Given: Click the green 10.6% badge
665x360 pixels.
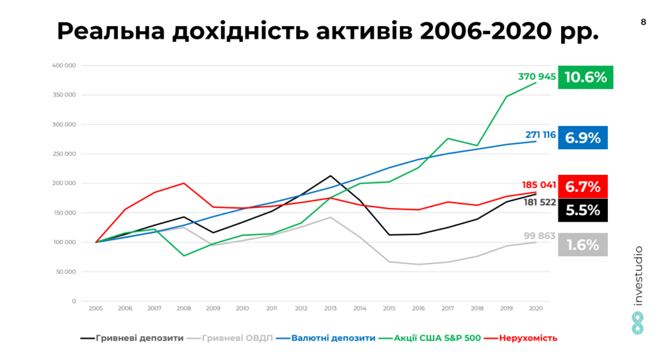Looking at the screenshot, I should click(x=586, y=77).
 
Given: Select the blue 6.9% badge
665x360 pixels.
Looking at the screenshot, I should click(x=583, y=138).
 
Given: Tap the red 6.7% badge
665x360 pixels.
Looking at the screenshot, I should click(x=583, y=187).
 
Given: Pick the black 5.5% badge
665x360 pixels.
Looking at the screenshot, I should click(x=583, y=210).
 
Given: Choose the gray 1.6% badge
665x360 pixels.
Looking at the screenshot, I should click(x=583, y=245).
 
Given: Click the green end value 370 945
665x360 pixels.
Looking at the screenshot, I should click(x=537, y=77).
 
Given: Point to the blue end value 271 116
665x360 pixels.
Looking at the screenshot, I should click(x=540, y=135).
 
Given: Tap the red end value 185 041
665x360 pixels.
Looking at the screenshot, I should click(x=539, y=185).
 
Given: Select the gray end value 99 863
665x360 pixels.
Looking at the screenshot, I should click(x=539, y=236).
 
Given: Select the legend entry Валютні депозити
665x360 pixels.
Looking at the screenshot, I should click(x=333, y=338).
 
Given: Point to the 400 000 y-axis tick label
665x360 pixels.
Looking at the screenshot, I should click(x=64, y=66).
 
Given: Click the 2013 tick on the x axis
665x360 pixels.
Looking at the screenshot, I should click(x=330, y=308).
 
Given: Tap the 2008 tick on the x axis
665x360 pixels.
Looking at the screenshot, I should click(x=184, y=308).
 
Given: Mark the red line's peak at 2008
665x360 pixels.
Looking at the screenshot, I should click(x=184, y=183).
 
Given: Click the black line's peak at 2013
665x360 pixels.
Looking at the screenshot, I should click(x=330, y=175).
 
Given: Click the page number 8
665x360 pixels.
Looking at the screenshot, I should click(x=644, y=22).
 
